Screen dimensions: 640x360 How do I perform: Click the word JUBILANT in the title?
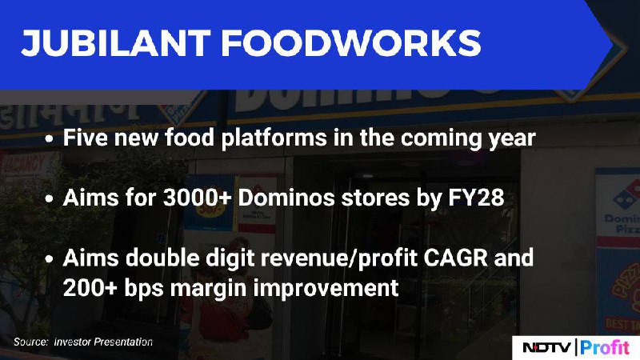[116, 43]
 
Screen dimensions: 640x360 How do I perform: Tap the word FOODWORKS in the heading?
[351, 43]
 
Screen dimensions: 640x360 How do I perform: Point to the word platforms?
[274, 138]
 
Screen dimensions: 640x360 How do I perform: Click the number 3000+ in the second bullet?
[198, 198]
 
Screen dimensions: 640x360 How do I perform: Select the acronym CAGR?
[455, 258]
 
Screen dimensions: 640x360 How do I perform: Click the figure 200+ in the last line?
[90, 288]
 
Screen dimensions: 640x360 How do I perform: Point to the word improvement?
[326, 289]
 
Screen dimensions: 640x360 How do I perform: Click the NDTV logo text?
[547, 348]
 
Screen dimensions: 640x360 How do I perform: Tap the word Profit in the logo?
[605, 348]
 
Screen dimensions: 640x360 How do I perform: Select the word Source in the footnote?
[30, 342]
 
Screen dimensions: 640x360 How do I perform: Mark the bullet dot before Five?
[50, 138]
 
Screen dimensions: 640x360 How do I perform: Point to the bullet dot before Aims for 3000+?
[50, 199]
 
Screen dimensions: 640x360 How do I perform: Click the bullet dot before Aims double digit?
[50, 259]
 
